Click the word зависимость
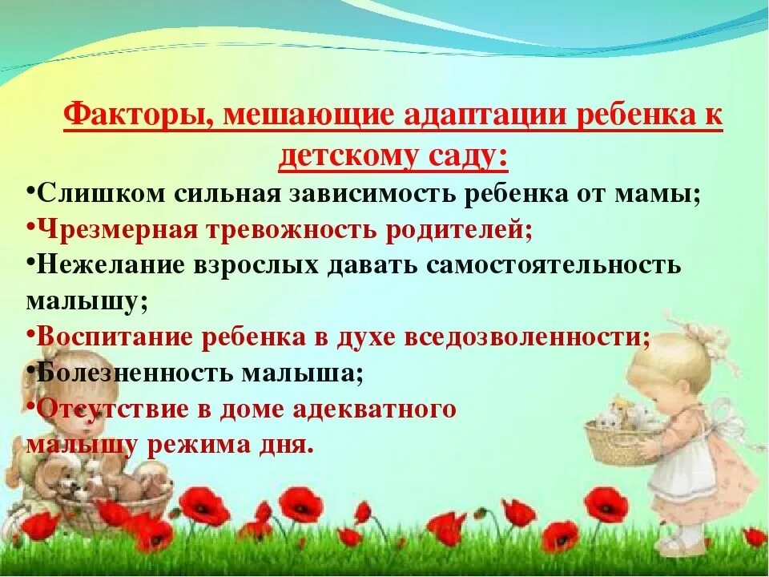(384, 193)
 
